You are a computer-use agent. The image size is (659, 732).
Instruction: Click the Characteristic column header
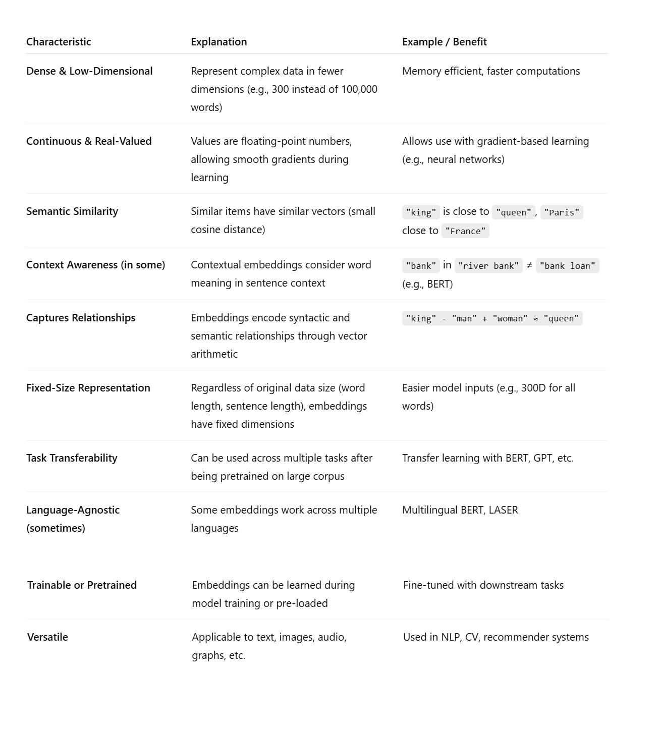click(59, 42)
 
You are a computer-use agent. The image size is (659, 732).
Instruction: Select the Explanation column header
click(218, 42)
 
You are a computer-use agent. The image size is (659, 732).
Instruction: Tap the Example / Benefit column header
click(444, 42)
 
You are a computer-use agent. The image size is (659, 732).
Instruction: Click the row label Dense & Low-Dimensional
click(89, 71)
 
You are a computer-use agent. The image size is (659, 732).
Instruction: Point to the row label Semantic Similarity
click(72, 211)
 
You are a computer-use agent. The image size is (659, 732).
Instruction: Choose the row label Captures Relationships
click(81, 318)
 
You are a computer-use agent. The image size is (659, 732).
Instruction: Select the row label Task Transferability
click(72, 458)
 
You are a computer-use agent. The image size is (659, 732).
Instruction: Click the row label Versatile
click(47, 637)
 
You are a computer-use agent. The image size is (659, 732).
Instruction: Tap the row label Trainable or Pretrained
click(82, 585)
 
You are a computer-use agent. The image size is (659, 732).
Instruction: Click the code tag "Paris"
click(562, 212)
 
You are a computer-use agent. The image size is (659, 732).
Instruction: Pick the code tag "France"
click(465, 231)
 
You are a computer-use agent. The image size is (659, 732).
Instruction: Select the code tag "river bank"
click(488, 266)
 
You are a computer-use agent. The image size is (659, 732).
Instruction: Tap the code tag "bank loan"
click(567, 266)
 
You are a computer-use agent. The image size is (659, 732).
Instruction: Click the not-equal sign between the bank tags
click(529, 265)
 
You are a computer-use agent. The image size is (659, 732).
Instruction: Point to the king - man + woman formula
click(492, 318)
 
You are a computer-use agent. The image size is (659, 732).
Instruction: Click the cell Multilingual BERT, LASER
click(460, 510)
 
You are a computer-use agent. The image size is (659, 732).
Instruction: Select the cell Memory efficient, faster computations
click(490, 71)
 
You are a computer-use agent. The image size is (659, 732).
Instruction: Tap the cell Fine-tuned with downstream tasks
click(483, 585)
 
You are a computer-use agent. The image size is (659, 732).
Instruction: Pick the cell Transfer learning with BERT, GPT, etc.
click(487, 458)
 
